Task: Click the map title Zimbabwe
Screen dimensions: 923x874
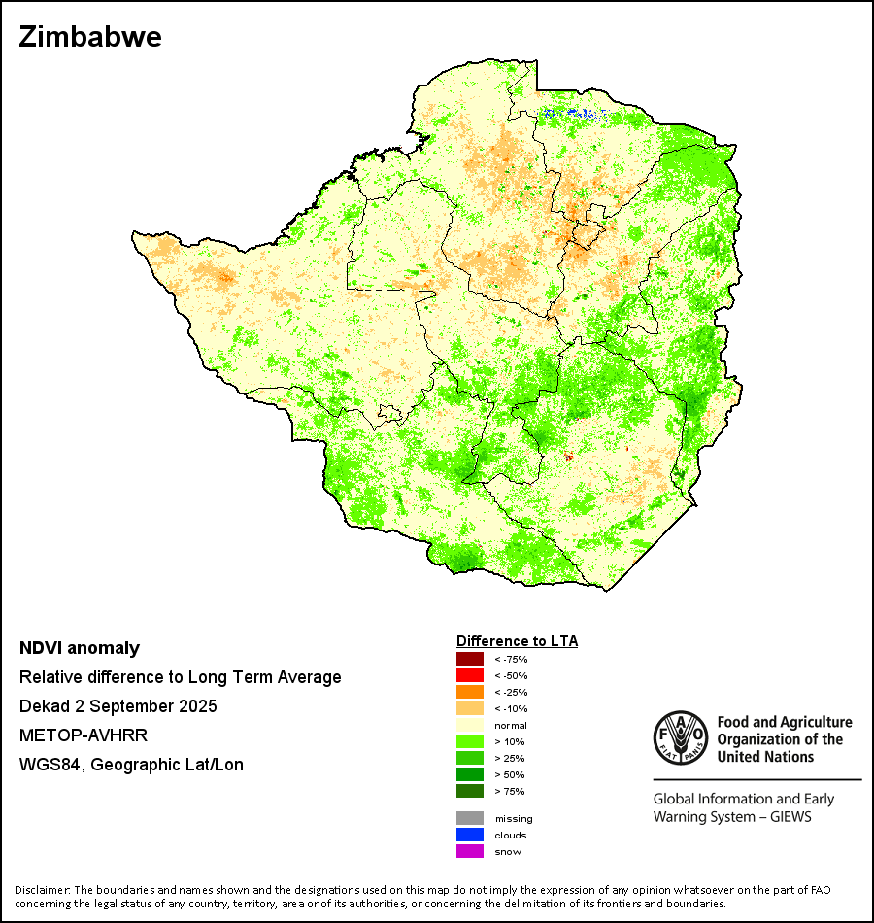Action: point(89,37)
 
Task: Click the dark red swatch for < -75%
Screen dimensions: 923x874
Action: point(469,659)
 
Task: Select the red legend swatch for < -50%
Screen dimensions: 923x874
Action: point(469,675)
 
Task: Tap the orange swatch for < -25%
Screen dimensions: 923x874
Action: point(469,692)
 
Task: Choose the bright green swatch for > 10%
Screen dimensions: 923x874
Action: point(469,741)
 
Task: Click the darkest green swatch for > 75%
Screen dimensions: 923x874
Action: point(469,791)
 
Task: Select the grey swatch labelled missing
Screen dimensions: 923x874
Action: point(469,818)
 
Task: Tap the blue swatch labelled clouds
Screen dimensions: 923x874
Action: point(469,835)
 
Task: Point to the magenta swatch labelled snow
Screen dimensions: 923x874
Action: point(469,851)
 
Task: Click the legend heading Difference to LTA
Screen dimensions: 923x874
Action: point(517,641)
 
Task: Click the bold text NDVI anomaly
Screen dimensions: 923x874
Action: point(80,648)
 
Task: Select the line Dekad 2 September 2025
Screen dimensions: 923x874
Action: point(118,706)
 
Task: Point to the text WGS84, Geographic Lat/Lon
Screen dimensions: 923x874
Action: point(131,765)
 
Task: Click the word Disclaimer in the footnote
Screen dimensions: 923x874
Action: point(41,890)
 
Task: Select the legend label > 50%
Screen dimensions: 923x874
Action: point(510,774)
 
